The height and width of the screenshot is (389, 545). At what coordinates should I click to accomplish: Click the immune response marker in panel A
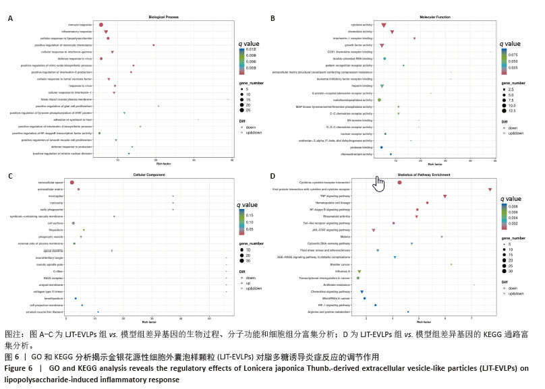(x=101, y=25)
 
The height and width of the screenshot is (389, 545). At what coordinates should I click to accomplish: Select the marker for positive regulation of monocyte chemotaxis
(x=154, y=45)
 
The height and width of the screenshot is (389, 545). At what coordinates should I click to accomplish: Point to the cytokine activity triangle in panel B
(x=384, y=26)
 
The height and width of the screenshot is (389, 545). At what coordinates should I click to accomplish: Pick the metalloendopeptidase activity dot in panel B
(x=380, y=100)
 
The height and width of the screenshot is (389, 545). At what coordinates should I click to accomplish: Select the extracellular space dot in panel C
(x=72, y=183)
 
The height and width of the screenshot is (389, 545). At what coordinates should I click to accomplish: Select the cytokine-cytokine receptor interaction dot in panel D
(x=400, y=183)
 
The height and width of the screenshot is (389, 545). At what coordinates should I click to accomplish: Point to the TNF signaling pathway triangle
(x=445, y=196)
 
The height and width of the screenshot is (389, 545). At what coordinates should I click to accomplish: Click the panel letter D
(x=272, y=177)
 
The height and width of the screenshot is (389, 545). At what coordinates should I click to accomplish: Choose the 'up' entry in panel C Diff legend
(x=250, y=284)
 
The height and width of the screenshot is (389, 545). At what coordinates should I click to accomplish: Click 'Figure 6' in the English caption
(x=19, y=368)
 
